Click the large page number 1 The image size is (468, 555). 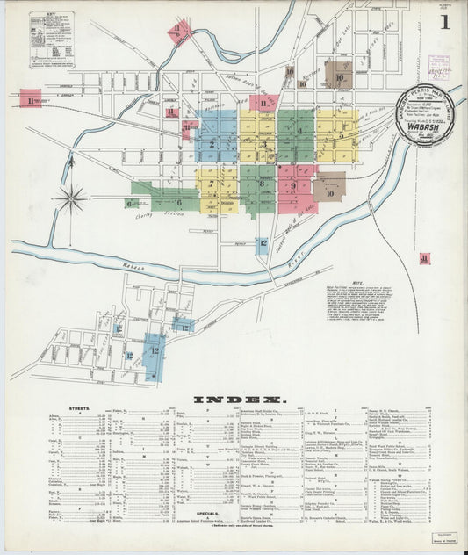tap(445, 22)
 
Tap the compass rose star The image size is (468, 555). tap(70, 198)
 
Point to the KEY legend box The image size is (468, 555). tap(51, 40)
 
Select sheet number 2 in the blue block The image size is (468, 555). tap(212, 141)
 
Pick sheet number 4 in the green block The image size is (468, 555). tap(299, 132)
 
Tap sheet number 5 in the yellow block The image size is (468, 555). tap(341, 134)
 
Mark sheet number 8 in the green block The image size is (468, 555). tap(262, 184)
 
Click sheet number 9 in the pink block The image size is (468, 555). tap(292, 184)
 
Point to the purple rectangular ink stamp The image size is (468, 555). tap(437, 68)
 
